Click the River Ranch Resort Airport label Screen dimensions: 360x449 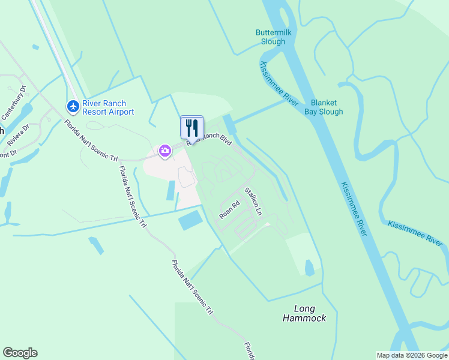click(108, 107)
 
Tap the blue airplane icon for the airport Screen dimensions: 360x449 click(73, 106)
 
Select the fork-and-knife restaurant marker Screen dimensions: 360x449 click(192, 127)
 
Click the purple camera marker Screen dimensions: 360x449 click(164, 151)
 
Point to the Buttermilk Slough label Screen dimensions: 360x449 click(273, 37)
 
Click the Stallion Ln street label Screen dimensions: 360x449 click(253, 202)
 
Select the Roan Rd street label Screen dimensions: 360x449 click(229, 209)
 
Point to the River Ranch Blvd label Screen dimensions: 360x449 click(209, 139)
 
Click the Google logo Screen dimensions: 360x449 click(20, 353)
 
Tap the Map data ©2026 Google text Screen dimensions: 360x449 click(412, 355)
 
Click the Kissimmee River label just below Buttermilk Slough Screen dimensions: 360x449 click(277, 84)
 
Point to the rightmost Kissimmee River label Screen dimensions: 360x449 click(415, 233)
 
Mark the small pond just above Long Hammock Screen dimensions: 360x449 click(309, 268)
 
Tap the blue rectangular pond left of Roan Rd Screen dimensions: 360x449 click(190, 220)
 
